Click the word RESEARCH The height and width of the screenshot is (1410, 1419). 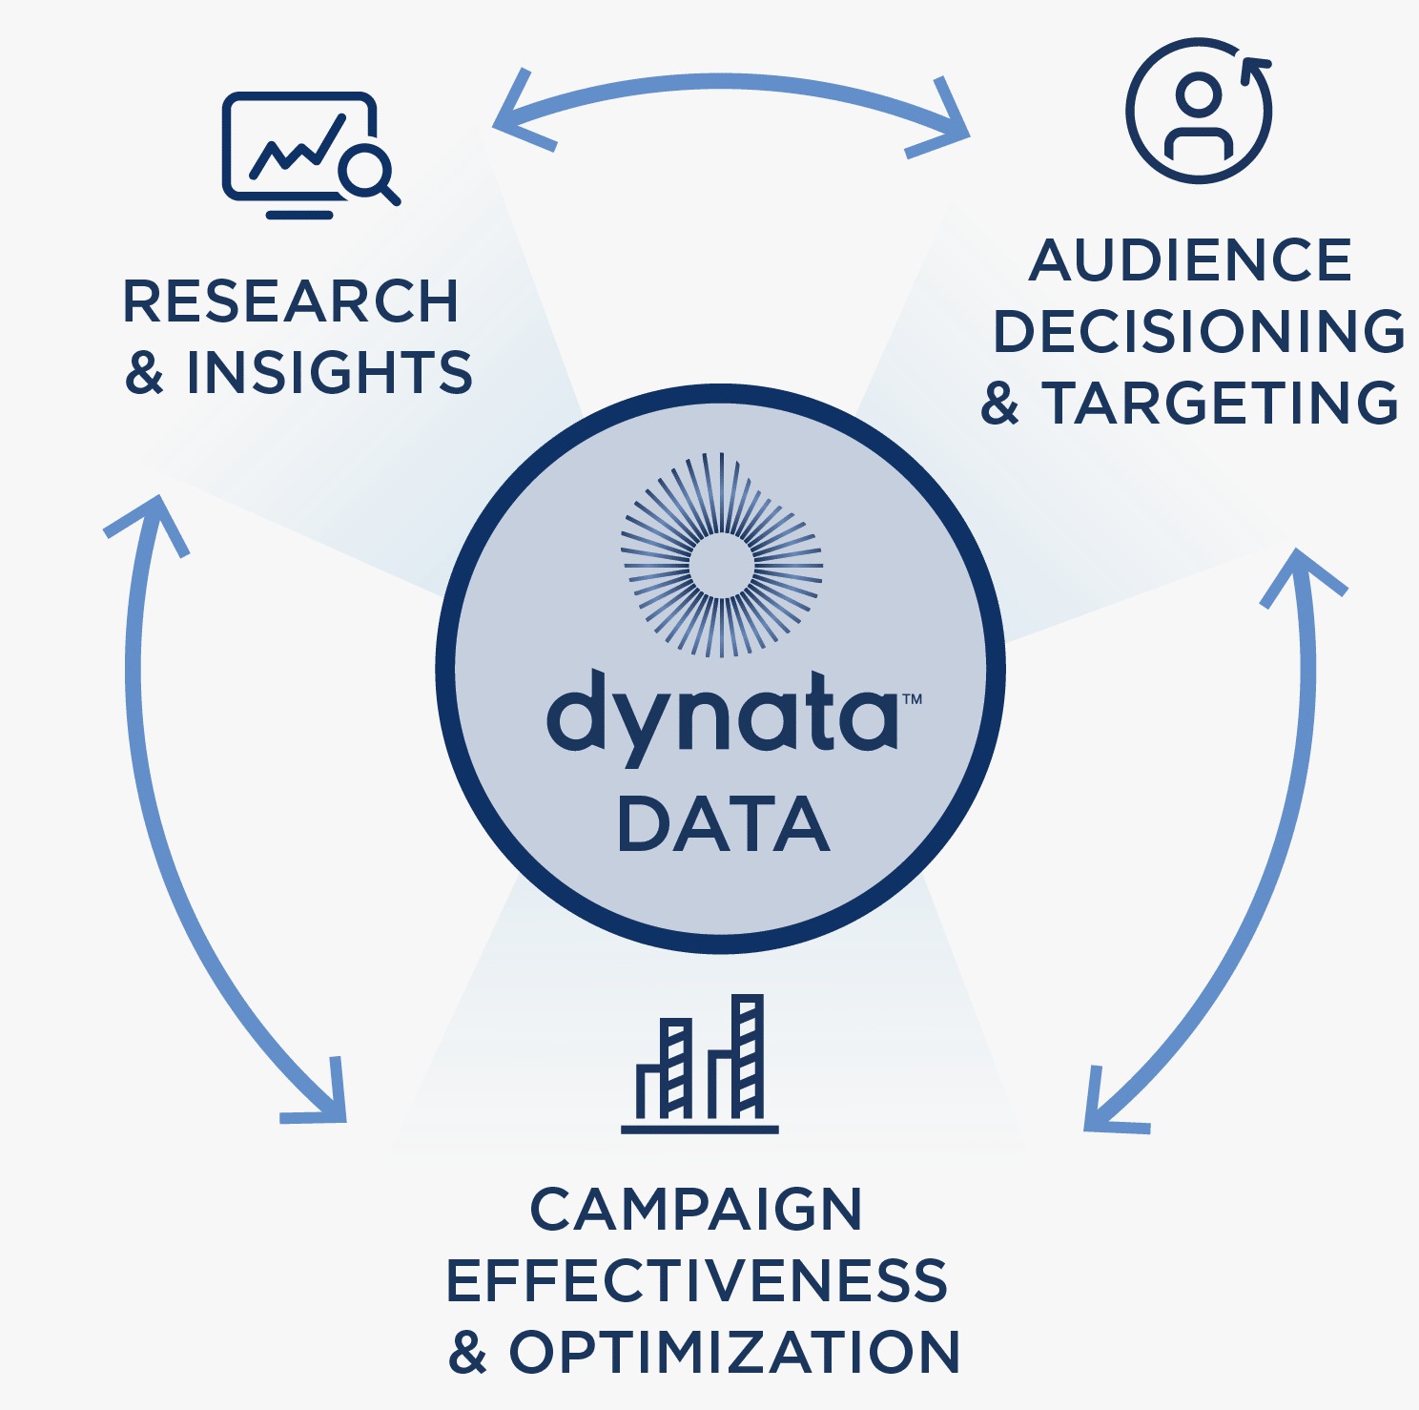tap(291, 301)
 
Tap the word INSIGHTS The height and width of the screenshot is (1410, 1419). tap(329, 372)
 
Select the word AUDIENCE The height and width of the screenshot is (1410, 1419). tap(1191, 260)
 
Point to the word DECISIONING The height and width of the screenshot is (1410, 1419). tap(1199, 331)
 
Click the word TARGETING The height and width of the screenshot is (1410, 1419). tap(1220, 403)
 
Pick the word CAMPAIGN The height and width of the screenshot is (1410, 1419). tap(696, 1210)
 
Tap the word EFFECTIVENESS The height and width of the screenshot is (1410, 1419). tap(696, 1280)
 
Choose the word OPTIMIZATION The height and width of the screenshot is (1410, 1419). tap(734, 1352)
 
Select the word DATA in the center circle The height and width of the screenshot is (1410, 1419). tap(723, 825)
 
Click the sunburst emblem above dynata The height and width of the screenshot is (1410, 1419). tap(722, 555)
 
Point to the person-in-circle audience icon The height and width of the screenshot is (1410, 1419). tap(1199, 111)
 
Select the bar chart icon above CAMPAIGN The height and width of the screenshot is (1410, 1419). tap(701, 1064)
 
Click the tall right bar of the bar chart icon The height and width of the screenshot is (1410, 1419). tap(749, 1056)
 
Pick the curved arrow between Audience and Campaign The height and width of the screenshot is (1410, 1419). tap(1268, 859)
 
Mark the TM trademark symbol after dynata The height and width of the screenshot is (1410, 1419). tap(913, 699)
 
